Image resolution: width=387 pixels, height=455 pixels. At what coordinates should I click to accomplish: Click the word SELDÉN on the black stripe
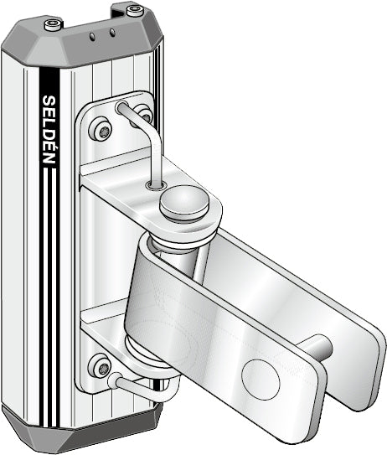pyautogui.click(x=49, y=130)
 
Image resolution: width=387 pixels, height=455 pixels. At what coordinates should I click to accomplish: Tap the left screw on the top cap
pyautogui.click(x=54, y=24)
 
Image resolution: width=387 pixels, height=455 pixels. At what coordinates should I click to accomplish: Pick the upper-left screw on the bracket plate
pyautogui.click(x=104, y=129)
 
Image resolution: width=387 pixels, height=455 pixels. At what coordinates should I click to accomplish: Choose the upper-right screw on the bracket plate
pyautogui.click(x=145, y=115)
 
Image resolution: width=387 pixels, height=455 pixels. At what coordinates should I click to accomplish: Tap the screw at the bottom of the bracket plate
pyautogui.click(x=102, y=366)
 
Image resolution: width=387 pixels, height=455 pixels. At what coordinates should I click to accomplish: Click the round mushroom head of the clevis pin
pyautogui.click(x=183, y=203)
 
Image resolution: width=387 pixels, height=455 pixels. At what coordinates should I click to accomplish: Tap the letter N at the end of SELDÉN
pyautogui.click(x=49, y=158)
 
